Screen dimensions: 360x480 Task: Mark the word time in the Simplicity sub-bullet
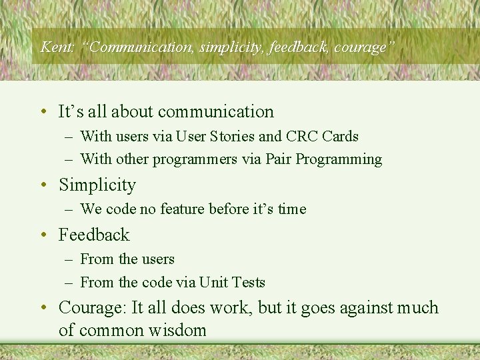(x=292, y=209)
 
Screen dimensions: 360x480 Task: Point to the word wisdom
(x=179, y=331)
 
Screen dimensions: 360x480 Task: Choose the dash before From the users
(x=69, y=260)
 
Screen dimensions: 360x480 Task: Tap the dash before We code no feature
(x=69, y=210)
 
